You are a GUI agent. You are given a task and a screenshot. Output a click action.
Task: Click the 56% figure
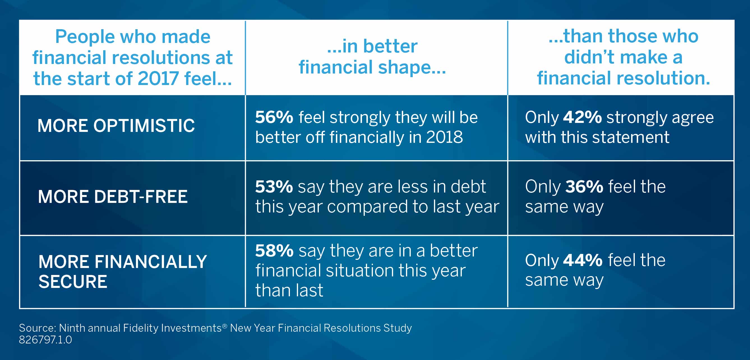coord(274,117)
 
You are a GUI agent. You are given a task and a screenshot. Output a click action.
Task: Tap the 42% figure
coord(582,117)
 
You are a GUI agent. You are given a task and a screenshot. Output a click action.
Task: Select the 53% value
coord(274,187)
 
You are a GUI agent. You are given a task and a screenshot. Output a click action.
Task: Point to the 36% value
coord(584,187)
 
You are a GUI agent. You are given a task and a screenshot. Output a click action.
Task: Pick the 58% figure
coord(274,251)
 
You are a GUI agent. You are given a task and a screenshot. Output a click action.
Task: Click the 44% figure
coord(582,260)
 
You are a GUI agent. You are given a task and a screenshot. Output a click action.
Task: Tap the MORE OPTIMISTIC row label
coord(116,126)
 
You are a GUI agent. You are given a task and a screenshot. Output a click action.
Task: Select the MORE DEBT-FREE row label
coord(113,197)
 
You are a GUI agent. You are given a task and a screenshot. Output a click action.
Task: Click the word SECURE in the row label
coord(73,282)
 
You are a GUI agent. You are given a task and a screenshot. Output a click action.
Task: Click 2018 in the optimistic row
coord(444,137)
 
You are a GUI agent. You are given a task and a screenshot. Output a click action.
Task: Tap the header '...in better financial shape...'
coord(372,56)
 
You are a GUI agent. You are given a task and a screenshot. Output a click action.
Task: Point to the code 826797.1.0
coord(45,340)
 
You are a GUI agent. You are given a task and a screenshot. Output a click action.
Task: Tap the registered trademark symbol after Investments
coord(225,326)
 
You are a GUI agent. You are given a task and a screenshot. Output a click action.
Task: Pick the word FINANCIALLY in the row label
coord(150,262)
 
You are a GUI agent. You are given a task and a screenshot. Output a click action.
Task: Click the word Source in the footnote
coord(37,328)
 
